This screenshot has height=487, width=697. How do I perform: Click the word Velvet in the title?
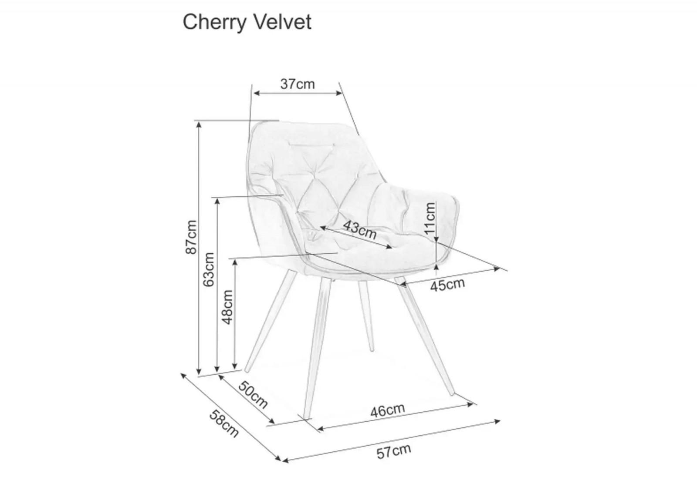[x=283, y=22]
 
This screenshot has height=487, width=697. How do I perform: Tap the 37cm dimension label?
[x=298, y=84]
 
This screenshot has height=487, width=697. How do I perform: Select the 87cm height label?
[x=191, y=237]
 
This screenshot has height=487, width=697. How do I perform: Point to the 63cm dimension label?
[x=209, y=269]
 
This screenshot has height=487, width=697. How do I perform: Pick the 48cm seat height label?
[x=227, y=307]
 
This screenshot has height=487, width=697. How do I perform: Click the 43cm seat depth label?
[x=360, y=229]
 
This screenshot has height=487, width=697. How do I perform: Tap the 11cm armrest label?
[x=430, y=218]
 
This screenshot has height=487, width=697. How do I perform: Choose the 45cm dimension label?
[x=447, y=285]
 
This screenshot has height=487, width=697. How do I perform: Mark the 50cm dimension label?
[x=253, y=395]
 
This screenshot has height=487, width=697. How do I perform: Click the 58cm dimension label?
[x=224, y=423]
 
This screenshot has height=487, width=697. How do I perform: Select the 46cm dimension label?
[x=387, y=410]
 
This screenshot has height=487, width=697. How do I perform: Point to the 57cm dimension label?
[x=394, y=451]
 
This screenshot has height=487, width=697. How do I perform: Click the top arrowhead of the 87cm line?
[x=199, y=124]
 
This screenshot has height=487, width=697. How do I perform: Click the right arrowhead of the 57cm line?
[x=497, y=421]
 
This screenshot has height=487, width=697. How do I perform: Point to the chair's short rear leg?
[x=366, y=316]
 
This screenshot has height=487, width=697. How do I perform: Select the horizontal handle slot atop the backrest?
[x=312, y=144]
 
